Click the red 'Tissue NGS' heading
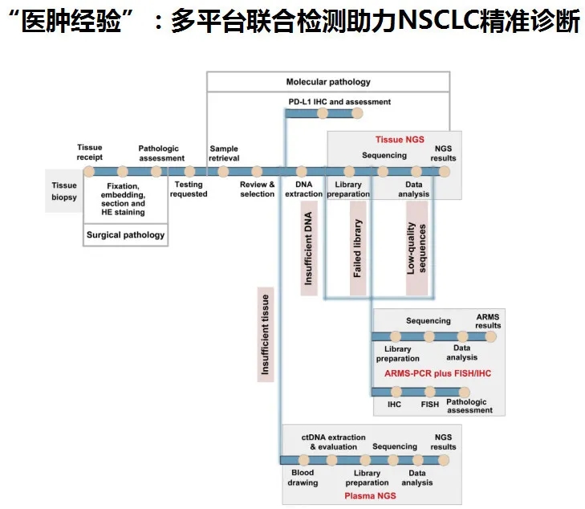click(x=400, y=140)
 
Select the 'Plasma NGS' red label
click(x=370, y=496)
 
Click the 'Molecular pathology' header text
click(x=328, y=82)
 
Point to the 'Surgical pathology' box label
click(x=125, y=235)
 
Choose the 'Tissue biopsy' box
click(x=64, y=191)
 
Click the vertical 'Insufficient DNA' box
click(x=309, y=248)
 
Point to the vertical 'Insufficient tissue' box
click(x=265, y=334)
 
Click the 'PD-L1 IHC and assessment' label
click(x=339, y=102)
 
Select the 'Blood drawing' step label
click(x=303, y=478)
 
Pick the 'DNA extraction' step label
click(x=303, y=189)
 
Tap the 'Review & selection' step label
click(x=258, y=189)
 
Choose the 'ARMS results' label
click(x=488, y=321)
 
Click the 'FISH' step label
click(x=430, y=404)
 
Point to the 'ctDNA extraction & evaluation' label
click(x=334, y=442)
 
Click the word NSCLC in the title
click(x=438, y=22)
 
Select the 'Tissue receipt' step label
click(x=90, y=153)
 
